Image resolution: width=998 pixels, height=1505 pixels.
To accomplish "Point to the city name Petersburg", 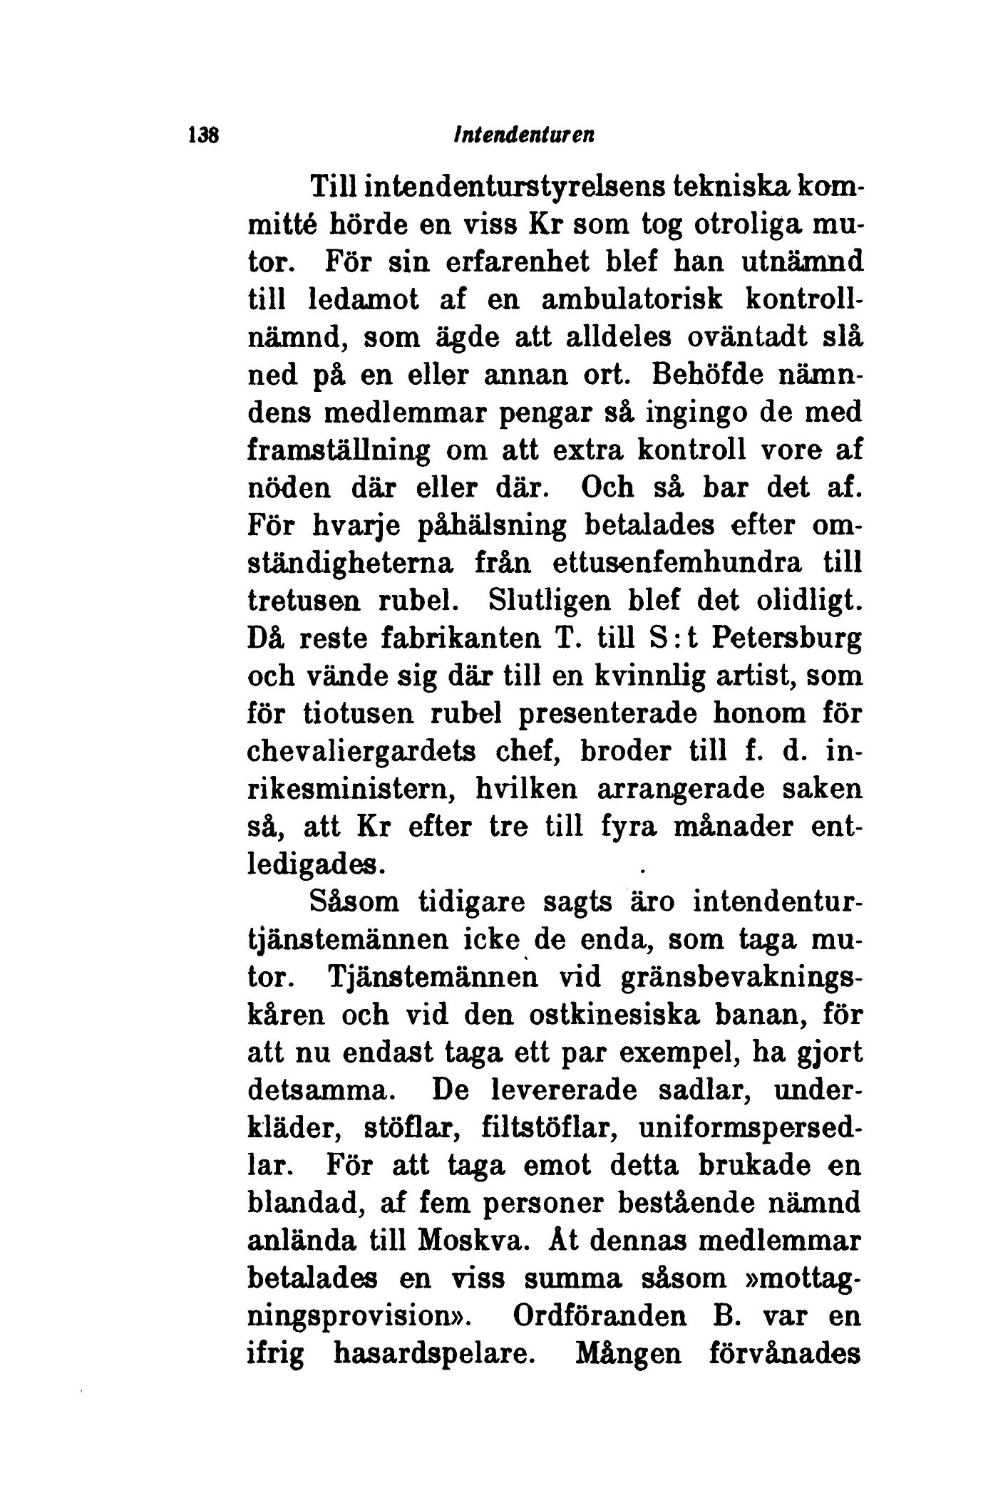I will (x=788, y=639).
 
